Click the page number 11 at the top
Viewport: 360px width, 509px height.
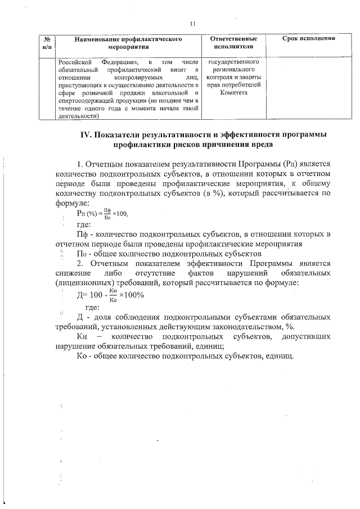coord(193,24)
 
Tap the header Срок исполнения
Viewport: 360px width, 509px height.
coord(308,39)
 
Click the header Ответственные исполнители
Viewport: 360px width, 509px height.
coord(233,43)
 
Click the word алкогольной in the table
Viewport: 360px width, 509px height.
coord(173,93)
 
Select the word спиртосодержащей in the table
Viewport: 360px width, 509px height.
coord(82,101)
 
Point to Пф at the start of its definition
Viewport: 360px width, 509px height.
coord(82,234)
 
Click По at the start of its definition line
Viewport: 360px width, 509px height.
coord(82,253)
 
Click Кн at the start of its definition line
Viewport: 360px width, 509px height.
coord(82,336)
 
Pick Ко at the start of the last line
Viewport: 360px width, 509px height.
coord(82,356)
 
